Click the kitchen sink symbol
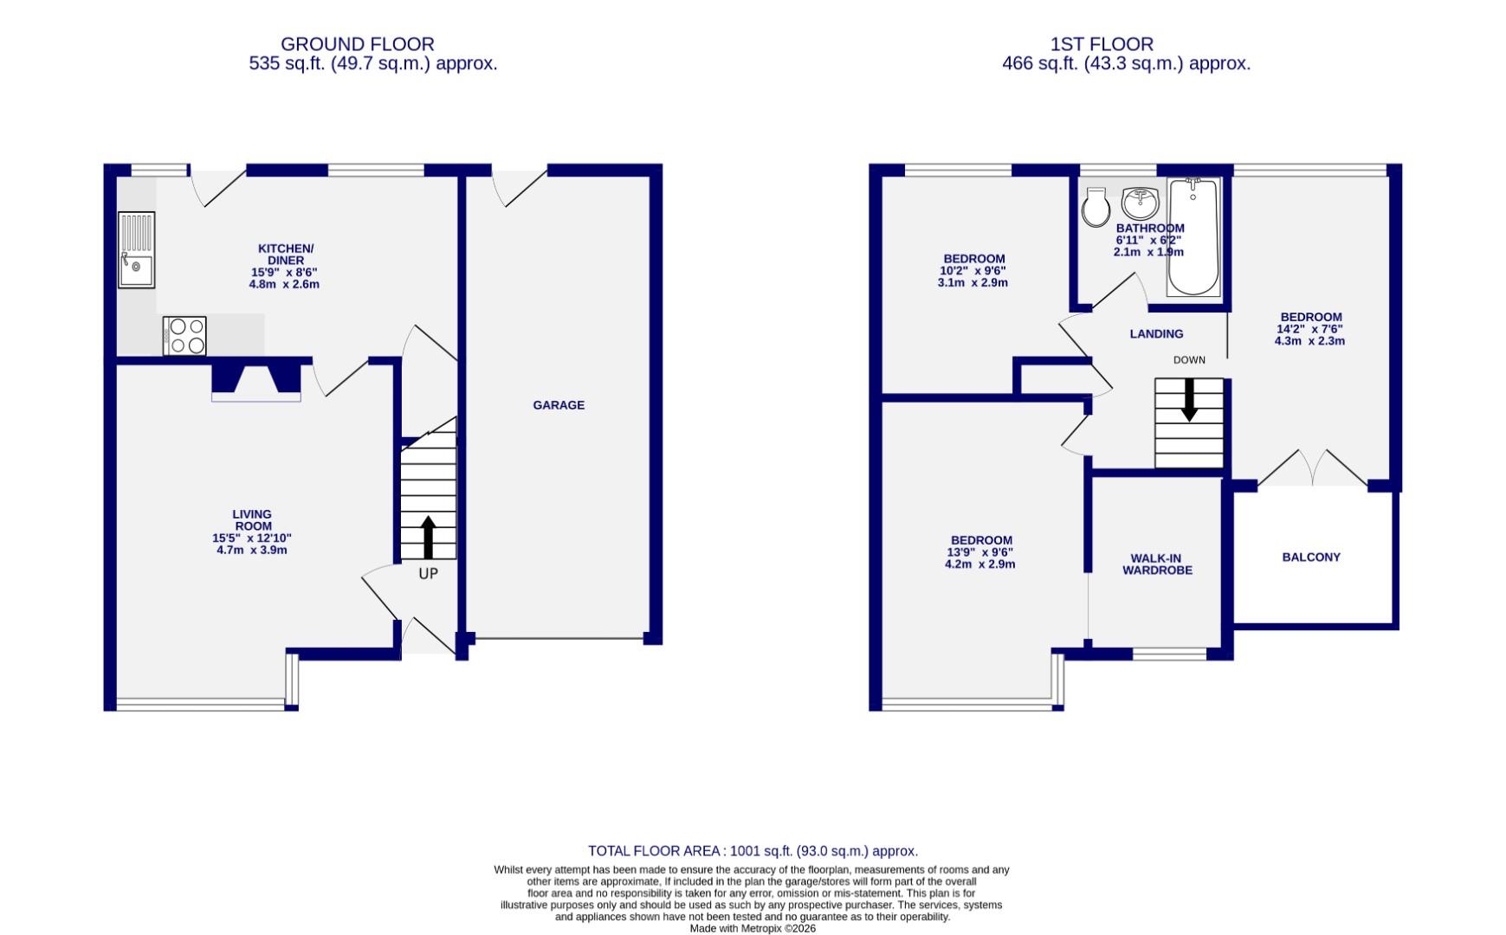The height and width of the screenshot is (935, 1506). coord(137,249)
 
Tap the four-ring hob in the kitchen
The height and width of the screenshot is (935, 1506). coord(184,336)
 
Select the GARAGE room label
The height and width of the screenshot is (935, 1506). coord(559,405)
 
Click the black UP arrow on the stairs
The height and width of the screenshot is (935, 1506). coord(428,538)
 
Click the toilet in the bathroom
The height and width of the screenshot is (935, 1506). coord(1096,207)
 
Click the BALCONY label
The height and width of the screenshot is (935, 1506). coord(1311,558)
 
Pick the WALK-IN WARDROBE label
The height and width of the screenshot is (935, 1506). coord(1157,564)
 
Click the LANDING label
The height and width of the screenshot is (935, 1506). coord(1156,334)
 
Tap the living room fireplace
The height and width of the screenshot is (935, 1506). coord(256,381)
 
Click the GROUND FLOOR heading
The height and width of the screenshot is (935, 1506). coord(357,44)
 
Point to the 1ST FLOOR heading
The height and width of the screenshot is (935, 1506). coord(1102,44)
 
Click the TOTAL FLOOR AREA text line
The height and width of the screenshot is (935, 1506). coord(753,851)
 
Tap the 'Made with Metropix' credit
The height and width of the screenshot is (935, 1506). coord(752,928)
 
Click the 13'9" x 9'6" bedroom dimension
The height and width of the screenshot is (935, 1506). coord(979,552)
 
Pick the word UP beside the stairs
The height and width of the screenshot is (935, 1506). coord(428,574)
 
